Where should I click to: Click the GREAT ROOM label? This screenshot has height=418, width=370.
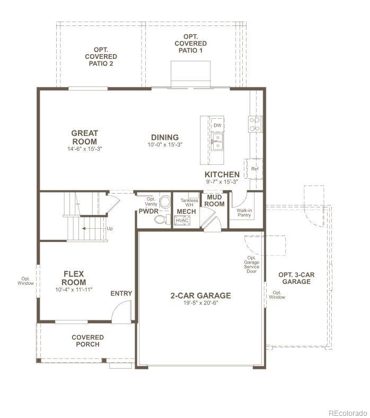pyautogui.click(x=85, y=137)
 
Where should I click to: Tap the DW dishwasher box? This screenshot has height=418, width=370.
pyautogui.click(x=217, y=125)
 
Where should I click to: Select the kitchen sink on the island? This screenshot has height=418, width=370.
pyautogui.click(x=217, y=142)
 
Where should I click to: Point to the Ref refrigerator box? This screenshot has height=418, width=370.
pyautogui.click(x=254, y=169)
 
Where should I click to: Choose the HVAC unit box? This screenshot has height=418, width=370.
pyautogui.click(x=183, y=220)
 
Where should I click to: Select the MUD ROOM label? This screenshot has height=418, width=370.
pyautogui.click(x=215, y=200)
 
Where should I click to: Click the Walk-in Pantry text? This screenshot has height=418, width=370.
pyautogui.click(x=244, y=213)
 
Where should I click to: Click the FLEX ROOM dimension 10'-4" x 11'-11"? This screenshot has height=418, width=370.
pyautogui.click(x=74, y=290)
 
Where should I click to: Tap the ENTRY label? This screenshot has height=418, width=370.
pyautogui.click(x=121, y=293)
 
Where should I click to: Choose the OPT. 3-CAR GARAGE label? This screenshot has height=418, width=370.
pyautogui.click(x=296, y=278)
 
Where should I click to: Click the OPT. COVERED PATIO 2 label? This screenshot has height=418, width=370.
pyautogui.click(x=101, y=56)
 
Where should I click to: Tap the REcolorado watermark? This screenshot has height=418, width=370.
pyautogui.click(x=347, y=412)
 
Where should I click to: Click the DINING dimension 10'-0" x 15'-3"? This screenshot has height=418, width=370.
pyautogui.click(x=164, y=145)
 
